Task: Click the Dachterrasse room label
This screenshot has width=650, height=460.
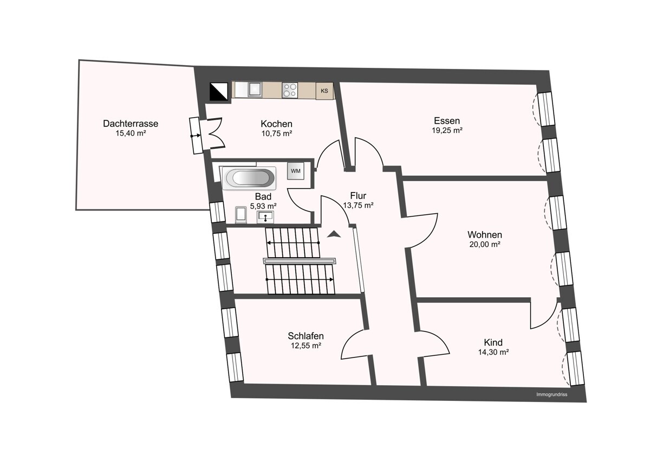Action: (131, 124)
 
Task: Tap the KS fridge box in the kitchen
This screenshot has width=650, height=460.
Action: (324, 91)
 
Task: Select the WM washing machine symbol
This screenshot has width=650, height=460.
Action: (296, 171)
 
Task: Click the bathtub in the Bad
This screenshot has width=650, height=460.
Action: (249, 178)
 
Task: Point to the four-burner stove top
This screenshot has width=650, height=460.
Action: (290, 90)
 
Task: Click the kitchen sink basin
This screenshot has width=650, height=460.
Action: (255, 89)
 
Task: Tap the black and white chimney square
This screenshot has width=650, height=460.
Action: (218, 92)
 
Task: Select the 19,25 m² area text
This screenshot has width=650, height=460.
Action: (447, 131)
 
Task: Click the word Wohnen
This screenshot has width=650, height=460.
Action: (485, 234)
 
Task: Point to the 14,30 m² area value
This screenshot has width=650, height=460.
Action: (493, 352)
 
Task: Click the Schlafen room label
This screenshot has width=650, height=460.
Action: (305, 336)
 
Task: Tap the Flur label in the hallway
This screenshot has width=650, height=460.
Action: (358, 196)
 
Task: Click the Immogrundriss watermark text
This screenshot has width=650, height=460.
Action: (551, 394)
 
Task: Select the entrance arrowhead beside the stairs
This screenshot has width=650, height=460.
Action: (334, 234)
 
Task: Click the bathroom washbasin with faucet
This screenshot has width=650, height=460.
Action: (265, 217)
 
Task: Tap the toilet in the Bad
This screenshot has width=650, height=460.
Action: (241, 215)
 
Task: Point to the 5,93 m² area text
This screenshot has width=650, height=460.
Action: (263, 206)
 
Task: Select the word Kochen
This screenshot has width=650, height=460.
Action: (276, 124)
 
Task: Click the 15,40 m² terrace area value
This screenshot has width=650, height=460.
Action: (131, 133)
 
